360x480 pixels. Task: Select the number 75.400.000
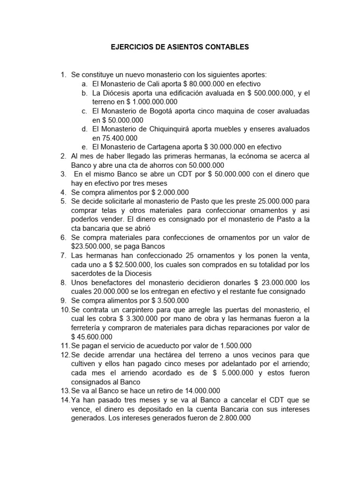120,138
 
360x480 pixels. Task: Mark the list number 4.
63,192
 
